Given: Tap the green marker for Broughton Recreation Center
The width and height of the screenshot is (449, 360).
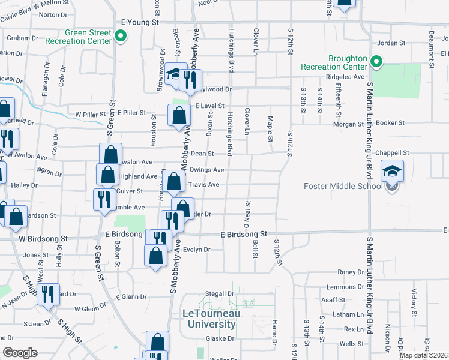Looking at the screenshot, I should tap(376, 62).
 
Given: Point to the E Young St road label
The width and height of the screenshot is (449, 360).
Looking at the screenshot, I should tap(139, 22).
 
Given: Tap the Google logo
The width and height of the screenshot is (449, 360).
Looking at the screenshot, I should tap(20, 353).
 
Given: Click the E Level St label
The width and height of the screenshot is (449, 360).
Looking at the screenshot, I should tap(209, 106).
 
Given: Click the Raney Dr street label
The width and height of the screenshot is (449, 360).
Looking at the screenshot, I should tap(346, 272).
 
